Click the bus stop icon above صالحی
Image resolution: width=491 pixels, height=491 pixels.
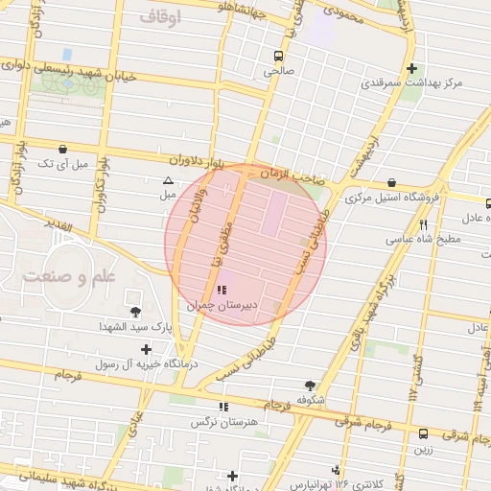(x=278, y=56)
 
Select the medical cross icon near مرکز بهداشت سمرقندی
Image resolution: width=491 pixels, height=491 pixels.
(x=411, y=68)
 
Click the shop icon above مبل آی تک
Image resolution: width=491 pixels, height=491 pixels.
(x=63, y=150)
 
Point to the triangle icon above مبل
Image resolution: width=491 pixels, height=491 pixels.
(x=168, y=180)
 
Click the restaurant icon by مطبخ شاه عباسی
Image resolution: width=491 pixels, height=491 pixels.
(x=423, y=224)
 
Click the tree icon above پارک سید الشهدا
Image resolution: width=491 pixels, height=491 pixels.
(x=134, y=311)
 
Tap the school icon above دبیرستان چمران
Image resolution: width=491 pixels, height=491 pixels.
(x=223, y=290)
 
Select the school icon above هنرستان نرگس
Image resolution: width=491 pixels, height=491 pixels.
(x=223, y=407)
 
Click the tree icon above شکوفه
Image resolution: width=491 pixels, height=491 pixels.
(x=308, y=384)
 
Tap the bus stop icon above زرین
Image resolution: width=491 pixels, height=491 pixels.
(x=423, y=433)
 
